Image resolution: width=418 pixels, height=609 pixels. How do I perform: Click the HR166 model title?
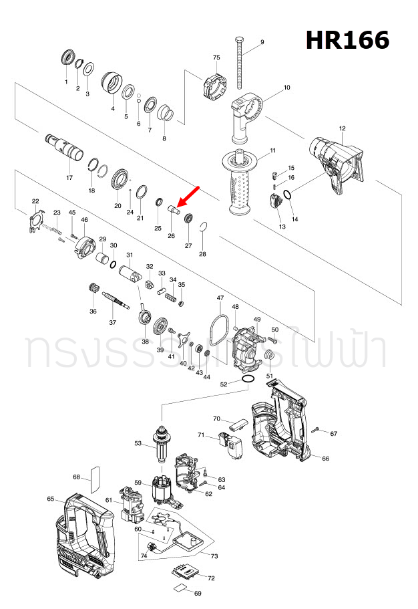347,41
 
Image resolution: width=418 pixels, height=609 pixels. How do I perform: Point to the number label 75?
216,57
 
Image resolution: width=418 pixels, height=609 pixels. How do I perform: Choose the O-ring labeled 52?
247,379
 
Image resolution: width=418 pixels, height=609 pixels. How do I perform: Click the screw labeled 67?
319,429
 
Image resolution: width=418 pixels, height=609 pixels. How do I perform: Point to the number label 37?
112,323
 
